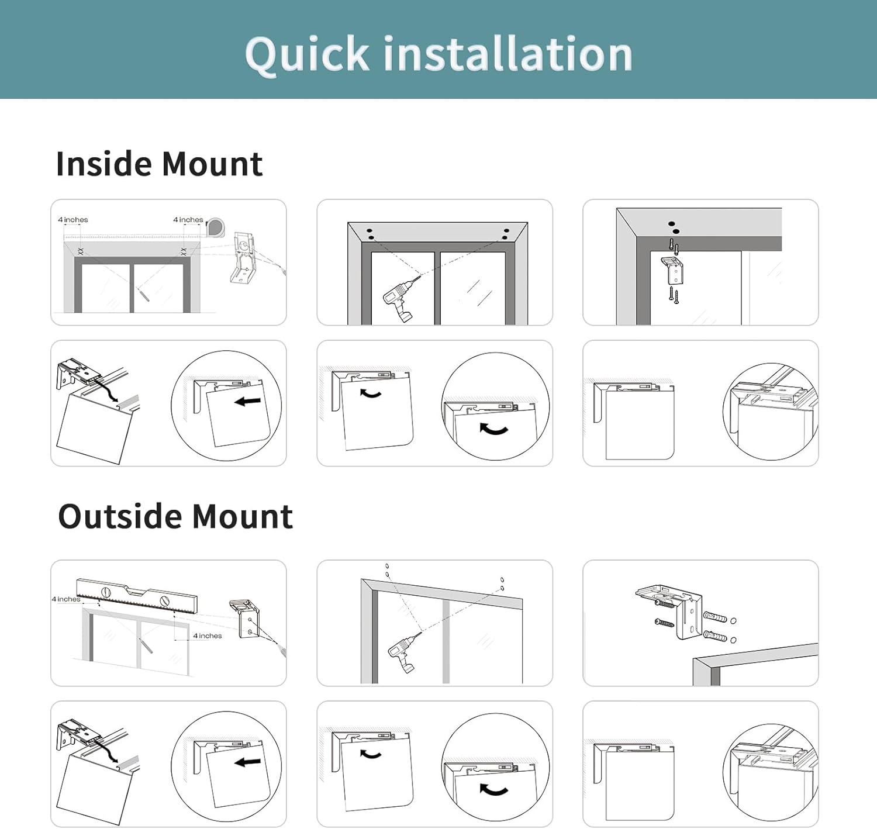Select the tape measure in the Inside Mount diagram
tap(215, 227)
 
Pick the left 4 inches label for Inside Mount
tap(73, 220)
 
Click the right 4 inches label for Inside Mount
tap(188, 220)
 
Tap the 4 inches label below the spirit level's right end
tap(208, 635)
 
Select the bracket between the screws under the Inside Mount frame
tap(674, 270)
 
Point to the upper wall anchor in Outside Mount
tap(716, 617)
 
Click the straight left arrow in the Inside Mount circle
tap(248, 401)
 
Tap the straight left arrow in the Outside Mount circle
tap(248, 762)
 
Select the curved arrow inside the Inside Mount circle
tap(493, 430)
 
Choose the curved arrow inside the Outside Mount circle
tap(493, 790)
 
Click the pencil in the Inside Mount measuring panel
tap(143, 293)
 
